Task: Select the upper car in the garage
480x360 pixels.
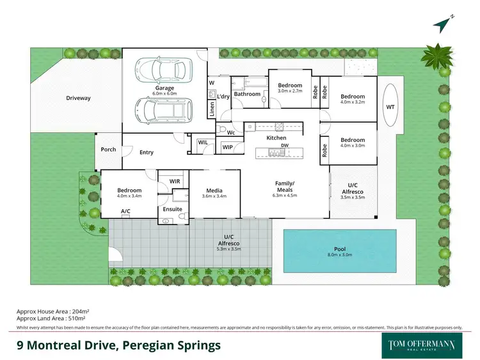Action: (x=163, y=68)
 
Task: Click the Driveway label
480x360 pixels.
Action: (x=78, y=98)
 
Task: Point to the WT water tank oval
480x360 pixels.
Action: (x=390, y=107)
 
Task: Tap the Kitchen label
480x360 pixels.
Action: (x=276, y=137)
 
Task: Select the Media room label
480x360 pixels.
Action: (x=214, y=191)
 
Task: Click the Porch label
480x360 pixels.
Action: (x=109, y=150)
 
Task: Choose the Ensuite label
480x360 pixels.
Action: (x=173, y=209)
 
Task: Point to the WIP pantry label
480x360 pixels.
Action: (x=228, y=147)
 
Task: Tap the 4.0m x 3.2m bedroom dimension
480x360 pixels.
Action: (x=352, y=101)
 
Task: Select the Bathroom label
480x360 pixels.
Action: (x=247, y=94)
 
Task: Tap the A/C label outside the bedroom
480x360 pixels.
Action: (x=125, y=211)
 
